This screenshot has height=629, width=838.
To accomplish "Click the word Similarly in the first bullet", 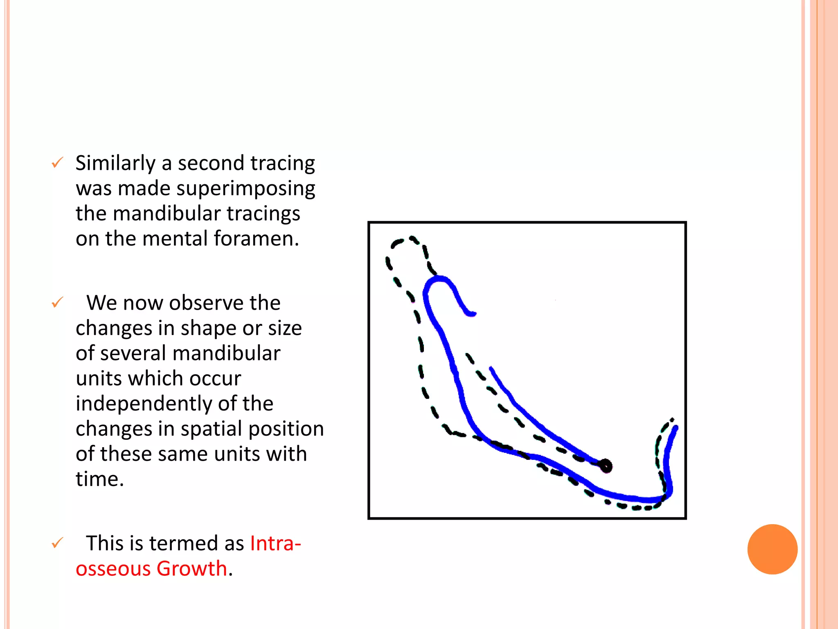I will click(115, 163).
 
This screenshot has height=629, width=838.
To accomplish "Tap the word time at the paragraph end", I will click(99, 479).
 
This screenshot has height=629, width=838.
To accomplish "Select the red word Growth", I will click(191, 569).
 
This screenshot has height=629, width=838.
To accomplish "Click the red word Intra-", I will click(275, 544).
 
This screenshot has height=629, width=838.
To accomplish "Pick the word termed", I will click(184, 544).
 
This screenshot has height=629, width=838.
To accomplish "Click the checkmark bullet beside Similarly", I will click(57, 163).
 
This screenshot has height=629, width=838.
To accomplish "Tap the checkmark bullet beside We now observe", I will click(57, 303).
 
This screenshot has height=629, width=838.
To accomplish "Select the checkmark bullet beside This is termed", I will click(57, 543).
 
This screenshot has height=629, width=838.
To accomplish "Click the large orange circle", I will click(772, 549).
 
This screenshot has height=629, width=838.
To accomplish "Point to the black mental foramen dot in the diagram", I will click(606, 466).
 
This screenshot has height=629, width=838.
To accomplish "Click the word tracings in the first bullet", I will click(263, 214).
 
